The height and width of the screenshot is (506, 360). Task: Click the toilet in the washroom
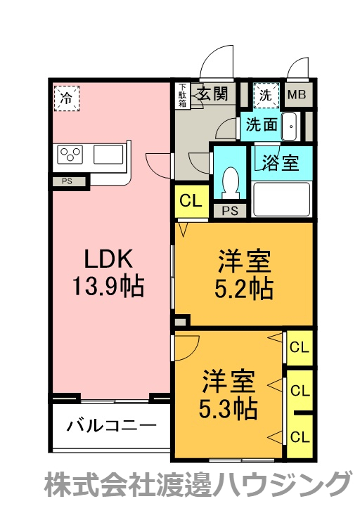point(231,182)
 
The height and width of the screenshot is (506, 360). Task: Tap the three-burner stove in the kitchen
point(70,154)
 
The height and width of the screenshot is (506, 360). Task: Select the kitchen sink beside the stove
point(108,154)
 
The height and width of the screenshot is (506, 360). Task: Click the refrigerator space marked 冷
point(67,98)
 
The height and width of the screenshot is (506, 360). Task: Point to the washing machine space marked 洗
point(266,95)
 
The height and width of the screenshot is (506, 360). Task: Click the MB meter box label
point(297,95)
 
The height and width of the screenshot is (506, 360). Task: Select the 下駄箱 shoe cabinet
point(183,96)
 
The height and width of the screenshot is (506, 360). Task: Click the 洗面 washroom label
point(262,124)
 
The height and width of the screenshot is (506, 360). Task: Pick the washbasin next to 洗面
point(291,126)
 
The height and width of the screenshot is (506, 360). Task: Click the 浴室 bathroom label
point(281,162)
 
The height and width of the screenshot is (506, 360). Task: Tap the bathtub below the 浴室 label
point(281,199)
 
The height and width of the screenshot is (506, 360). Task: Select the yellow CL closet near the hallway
point(191,201)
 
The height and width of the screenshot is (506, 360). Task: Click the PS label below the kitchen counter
point(67,181)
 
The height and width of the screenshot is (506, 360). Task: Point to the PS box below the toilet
point(230,211)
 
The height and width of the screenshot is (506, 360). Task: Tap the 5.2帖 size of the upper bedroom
point(244,288)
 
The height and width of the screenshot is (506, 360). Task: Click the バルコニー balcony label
point(111,426)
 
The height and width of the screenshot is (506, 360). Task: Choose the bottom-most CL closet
point(300,437)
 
